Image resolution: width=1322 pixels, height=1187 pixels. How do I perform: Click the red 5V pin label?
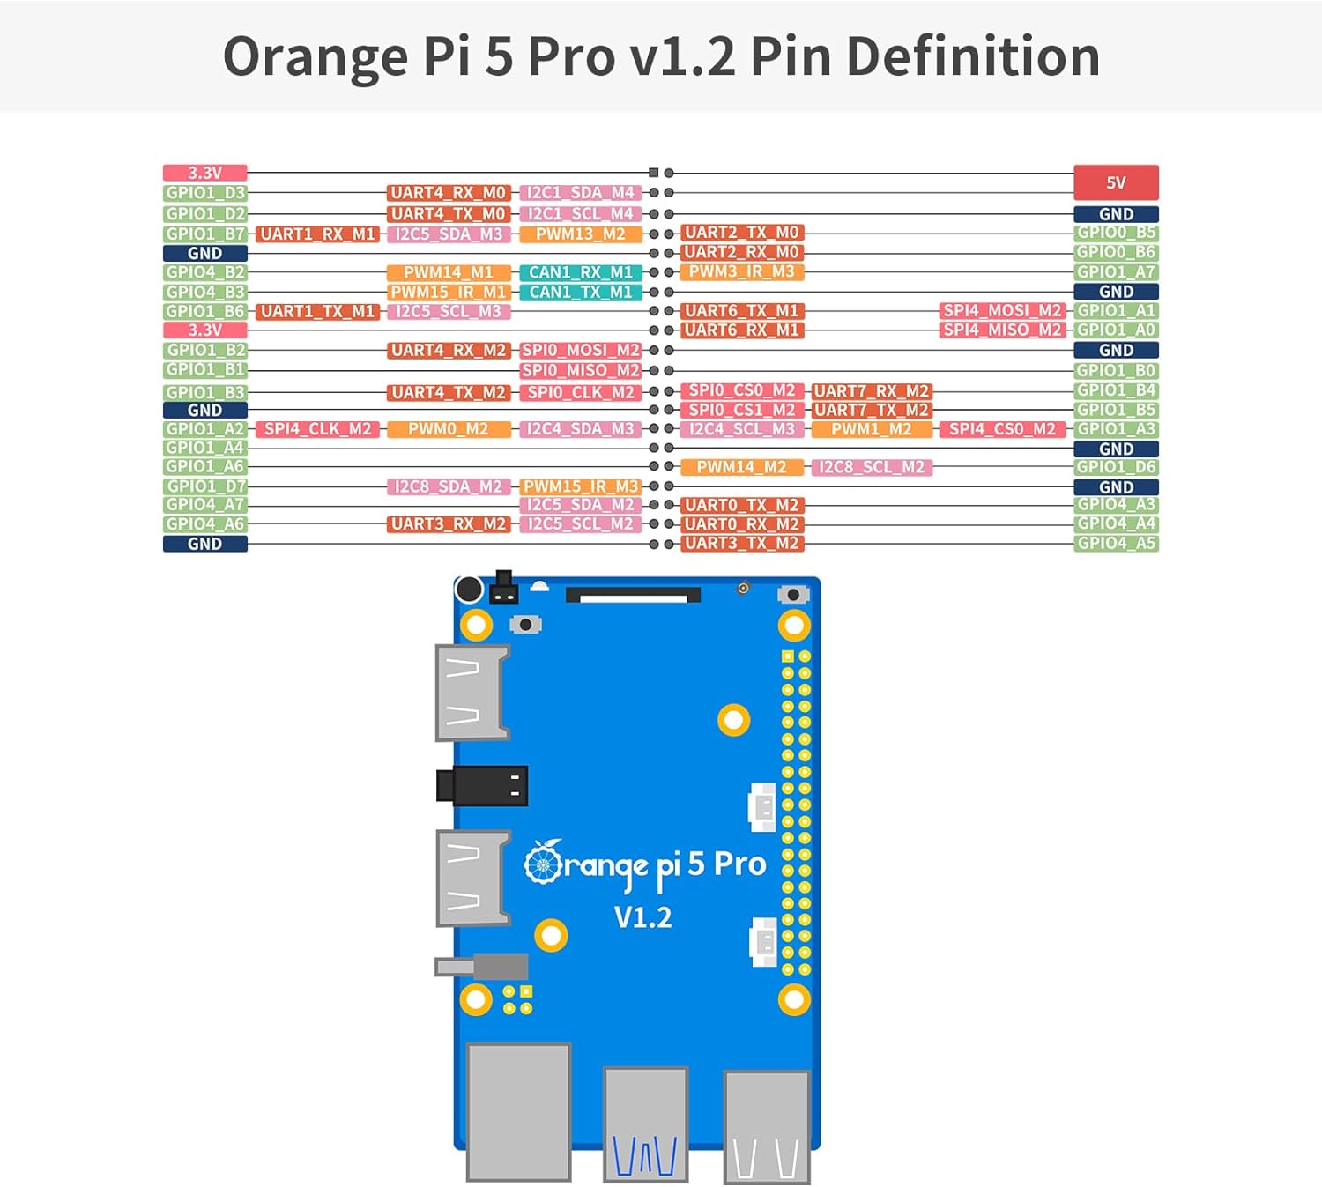point(1116,182)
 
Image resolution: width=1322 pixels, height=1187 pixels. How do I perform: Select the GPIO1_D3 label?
point(204,193)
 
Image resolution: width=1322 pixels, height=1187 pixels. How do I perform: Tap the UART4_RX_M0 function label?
point(449,193)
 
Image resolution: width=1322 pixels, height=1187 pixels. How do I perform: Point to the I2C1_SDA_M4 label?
point(581,193)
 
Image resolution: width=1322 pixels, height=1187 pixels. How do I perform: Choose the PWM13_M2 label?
point(581,234)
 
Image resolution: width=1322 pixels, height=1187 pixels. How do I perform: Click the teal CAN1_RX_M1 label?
point(581,272)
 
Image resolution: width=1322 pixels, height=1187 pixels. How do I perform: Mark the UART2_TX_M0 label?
point(742,233)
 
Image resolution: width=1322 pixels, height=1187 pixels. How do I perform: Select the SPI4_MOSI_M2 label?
point(1002,310)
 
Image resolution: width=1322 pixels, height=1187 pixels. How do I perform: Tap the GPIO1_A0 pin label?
point(1116,330)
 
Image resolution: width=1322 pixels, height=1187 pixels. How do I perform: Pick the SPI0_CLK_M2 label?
point(581,392)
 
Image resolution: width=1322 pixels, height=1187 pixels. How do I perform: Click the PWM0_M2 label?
point(449,429)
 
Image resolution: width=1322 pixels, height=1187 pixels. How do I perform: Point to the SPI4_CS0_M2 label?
point(1002,429)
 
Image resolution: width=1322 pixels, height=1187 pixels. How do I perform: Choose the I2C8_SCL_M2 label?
point(872,467)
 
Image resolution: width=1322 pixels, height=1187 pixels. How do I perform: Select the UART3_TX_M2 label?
point(742,544)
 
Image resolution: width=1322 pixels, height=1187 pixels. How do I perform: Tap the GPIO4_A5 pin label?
point(1116,544)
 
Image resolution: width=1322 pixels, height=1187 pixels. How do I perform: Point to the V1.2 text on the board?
point(642,917)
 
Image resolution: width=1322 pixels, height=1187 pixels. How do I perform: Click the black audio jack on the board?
point(483,785)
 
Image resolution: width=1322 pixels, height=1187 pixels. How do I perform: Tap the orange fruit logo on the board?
point(543,863)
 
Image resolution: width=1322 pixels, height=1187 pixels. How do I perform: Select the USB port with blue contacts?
point(645,1124)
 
